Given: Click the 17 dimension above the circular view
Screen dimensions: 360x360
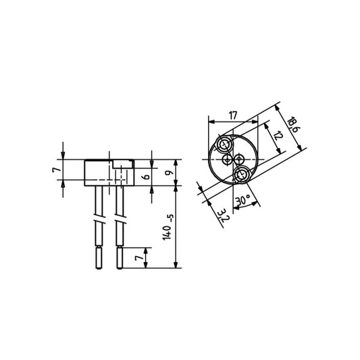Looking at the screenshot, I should click(x=233, y=116).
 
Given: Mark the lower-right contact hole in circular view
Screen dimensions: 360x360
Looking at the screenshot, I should click(x=241, y=176).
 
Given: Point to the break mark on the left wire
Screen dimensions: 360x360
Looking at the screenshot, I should click(x=100, y=222).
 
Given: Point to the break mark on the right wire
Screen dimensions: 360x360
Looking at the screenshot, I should click(x=120, y=222).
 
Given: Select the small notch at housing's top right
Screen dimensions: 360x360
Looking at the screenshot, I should click(x=122, y=163).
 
